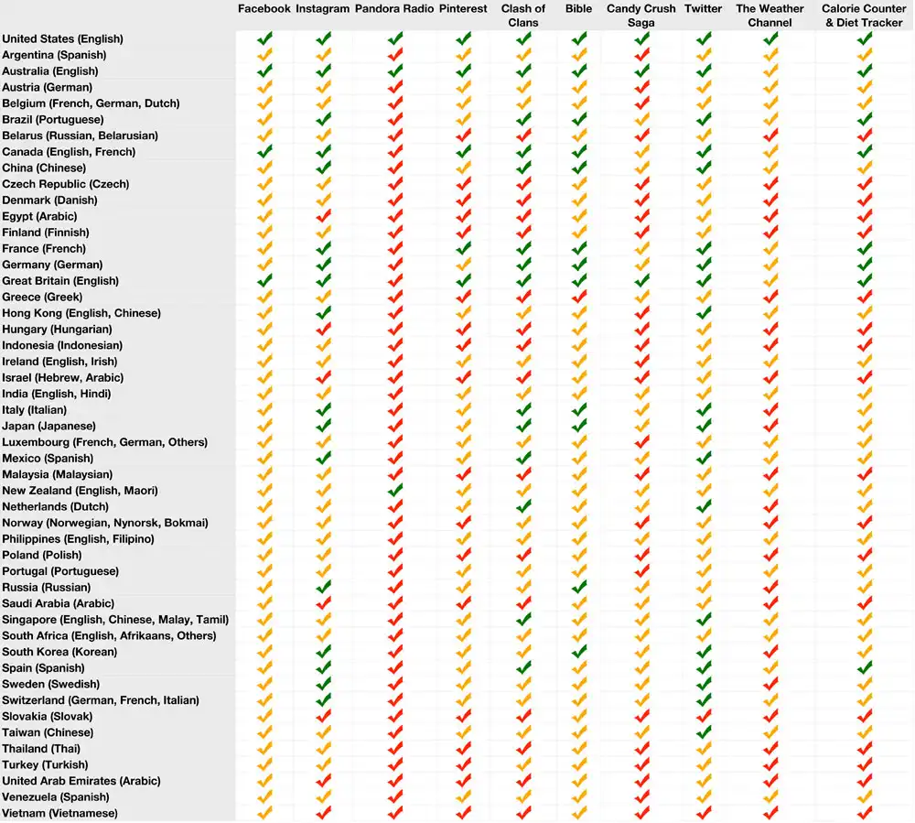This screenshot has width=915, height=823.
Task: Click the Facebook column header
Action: pyautogui.click(x=264, y=9)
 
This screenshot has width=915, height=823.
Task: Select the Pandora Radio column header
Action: pyautogui.click(x=393, y=9)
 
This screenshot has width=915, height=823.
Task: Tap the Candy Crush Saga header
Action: pyautogui.click(x=640, y=16)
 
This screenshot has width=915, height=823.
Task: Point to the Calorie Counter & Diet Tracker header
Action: pyautogui.click(x=864, y=16)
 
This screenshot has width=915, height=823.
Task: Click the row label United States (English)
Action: pyautogui.click(x=62, y=39)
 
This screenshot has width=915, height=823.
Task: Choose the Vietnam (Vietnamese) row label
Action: pyautogui.click(x=59, y=813)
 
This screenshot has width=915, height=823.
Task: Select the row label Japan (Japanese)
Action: pyautogui.click(x=48, y=426)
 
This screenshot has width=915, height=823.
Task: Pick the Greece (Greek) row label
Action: pyautogui.click(x=42, y=298)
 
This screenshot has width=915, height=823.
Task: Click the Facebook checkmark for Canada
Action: pyautogui.click(x=264, y=151)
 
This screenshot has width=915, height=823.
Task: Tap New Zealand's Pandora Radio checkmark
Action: pyautogui.click(x=395, y=490)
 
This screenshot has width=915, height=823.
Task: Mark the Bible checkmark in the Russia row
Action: pyautogui.click(x=579, y=587)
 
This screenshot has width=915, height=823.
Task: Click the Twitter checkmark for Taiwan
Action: pyautogui.click(x=704, y=731)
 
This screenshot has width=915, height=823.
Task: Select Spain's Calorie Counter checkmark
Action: pyautogui.click(x=865, y=667)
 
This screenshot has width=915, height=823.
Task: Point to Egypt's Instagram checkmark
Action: pyautogui.click(x=323, y=216)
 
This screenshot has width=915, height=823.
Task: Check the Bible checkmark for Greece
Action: pyautogui.click(x=579, y=297)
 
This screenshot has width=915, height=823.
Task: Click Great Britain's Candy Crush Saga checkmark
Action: pyautogui.click(x=642, y=280)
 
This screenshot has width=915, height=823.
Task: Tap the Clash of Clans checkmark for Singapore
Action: pyautogui.click(x=523, y=619)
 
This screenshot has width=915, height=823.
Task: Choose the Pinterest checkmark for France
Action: pyautogui.click(x=463, y=248)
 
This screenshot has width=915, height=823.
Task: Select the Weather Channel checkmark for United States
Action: pyautogui.click(x=770, y=38)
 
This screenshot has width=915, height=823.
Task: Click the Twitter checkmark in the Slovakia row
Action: pyautogui.click(x=704, y=716)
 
